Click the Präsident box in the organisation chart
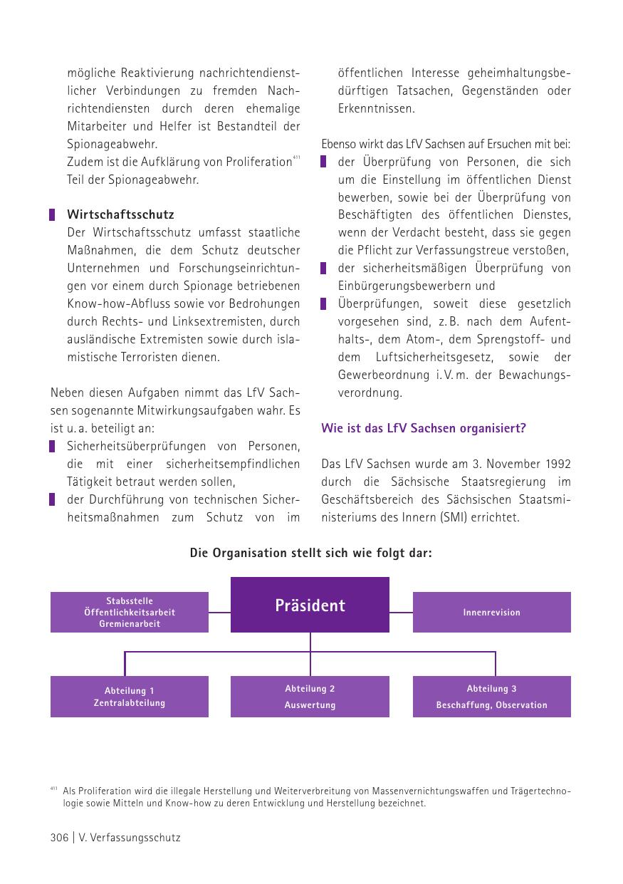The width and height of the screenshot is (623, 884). pyautogui.click(x=310, y=605)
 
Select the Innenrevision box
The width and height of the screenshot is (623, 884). pyautogui.click(x=491, y=612)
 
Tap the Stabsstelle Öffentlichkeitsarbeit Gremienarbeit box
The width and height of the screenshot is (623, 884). pyautogui.click(x=129, y=612)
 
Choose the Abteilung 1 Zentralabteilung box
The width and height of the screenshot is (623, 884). pyautogui.click(x=129, y=697)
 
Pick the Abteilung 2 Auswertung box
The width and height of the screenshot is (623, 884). pyautogui.click(x=310, y=697)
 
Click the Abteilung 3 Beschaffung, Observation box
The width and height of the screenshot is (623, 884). pyautogui.click(x=491, y=697)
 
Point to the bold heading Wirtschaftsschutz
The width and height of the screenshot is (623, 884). pyautogui.click(x=120, y=214)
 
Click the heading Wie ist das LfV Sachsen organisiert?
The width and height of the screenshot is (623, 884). pyautogui.click(x=423, y=428)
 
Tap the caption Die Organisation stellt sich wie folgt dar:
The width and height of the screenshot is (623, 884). pyautogui.click(x=310, y=553)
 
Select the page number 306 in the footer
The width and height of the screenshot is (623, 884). pyautogui.click(x=59, y=838)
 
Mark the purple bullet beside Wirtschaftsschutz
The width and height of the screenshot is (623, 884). pyautogui.click(x=53, y=214)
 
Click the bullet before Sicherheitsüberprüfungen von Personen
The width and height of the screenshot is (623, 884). pyautogui.click(x=53, y=446)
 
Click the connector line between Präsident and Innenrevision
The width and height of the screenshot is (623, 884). pyautogui.click(x=401, y=612)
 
